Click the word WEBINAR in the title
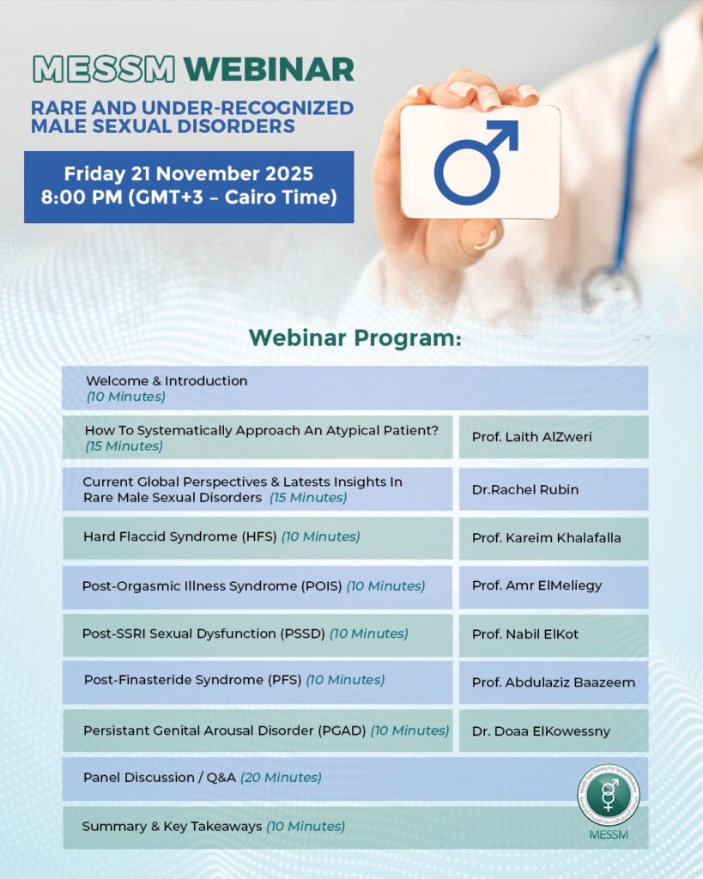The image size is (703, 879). click(x=270, y=69)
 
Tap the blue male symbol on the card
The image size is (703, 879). click(x=476, y=161)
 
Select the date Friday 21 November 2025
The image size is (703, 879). click(x=188, y=173)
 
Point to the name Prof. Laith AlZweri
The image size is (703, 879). click(x=531, y=437)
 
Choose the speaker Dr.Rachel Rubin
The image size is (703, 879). click(x=524, y=489)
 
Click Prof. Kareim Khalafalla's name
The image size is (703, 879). click(x=546, y=538)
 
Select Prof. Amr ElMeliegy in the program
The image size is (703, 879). click(x=536, y=585)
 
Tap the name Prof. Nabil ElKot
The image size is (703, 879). click(x=524, y=634)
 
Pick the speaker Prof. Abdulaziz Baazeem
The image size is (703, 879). click(x=553, y=682)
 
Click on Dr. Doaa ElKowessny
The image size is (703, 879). click(x=541, y=731)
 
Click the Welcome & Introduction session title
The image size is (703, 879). click(x=167, y=380)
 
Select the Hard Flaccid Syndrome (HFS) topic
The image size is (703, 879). click(x=180, y=536)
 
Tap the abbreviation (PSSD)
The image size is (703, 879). click(x=305, y=634)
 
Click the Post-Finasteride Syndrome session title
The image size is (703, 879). click(x=192, y=680)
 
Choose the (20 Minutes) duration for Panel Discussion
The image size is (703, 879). click(x=281, y=778)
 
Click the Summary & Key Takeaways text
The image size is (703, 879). click(x=172, y=827)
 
